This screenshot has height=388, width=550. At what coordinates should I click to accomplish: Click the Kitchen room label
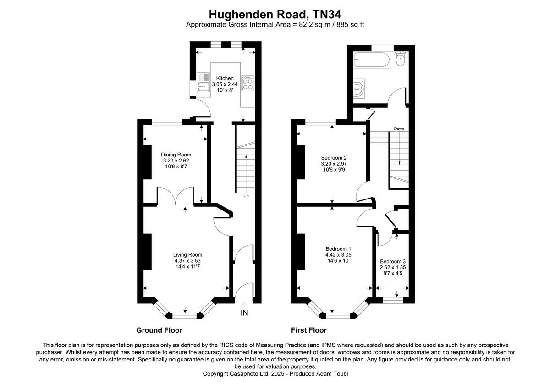[225, 78]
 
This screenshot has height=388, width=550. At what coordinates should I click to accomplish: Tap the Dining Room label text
[176, 155]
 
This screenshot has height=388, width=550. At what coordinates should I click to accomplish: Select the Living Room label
[187, 255]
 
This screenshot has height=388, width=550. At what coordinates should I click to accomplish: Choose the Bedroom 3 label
[393, 261]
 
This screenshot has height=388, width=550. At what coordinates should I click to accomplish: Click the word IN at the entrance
[245, 313]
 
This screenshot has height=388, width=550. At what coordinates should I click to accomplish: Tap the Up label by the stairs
[246, 196]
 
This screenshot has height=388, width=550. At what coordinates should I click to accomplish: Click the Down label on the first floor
[399, 129]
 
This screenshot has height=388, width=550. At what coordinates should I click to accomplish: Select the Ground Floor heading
[159, 330]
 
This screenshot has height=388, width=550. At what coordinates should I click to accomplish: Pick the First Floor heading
[308, 330]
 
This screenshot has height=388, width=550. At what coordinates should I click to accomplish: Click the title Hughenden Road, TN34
[275, 15]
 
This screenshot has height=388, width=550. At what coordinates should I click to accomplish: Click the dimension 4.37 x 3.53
[187, 261]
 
